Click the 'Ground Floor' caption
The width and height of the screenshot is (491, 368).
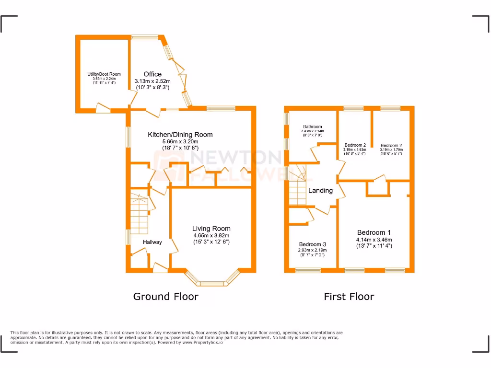point(165,297)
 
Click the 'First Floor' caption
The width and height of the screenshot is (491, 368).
point(349,297)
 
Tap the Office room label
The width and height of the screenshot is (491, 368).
point(152,74)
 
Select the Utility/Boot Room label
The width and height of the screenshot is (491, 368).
point(104,74)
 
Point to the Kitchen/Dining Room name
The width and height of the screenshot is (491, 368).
point(180,135)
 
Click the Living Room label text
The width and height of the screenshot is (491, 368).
point(211,229)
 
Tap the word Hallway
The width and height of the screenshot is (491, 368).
point(152,242)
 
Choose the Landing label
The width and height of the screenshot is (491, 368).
point(320,190)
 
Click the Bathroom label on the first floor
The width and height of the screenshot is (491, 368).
point(312,126)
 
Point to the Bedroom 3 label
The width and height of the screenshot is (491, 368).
point(312,244)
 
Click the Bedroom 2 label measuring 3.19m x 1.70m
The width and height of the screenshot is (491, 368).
point(391,145)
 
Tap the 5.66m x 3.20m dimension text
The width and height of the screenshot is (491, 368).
point(180,141)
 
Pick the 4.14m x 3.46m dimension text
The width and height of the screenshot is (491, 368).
point(374,240)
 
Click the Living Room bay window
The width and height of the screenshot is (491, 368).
point(212,280)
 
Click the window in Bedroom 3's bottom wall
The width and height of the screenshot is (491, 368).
point(308,271)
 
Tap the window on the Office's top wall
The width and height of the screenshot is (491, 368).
point(145,36)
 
